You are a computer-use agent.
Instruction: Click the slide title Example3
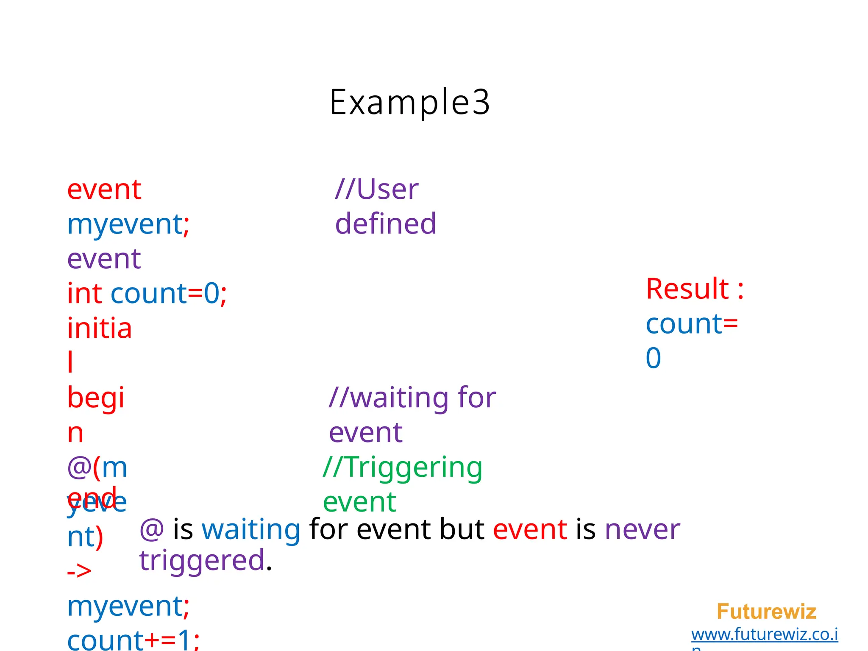[410, 102]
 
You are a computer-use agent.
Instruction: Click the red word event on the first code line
[104, 189]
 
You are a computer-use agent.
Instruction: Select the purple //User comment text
[377, 189]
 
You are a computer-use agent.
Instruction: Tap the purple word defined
[385, 224]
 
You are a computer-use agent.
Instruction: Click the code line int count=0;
[147, 294]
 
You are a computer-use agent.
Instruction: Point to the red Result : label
[695, 289]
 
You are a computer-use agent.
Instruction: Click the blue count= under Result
[692, 324]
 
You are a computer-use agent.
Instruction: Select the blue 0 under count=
[653, 358]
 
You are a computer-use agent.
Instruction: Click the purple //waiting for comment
[412, 398]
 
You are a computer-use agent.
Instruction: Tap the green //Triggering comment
[403, 467]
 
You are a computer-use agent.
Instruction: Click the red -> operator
[79, 571]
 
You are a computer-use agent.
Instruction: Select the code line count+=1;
[133, 640]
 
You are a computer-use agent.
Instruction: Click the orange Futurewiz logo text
[766, 612]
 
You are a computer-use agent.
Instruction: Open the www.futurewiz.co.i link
[765, 634]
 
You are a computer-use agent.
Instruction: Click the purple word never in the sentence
[642, 530]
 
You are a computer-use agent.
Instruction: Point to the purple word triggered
[202, 561]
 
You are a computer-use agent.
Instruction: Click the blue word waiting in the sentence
[251, 530]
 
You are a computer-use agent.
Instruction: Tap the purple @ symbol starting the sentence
[152, 530]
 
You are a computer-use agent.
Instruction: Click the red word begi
[96, 398]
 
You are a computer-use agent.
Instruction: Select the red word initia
[100, 328]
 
